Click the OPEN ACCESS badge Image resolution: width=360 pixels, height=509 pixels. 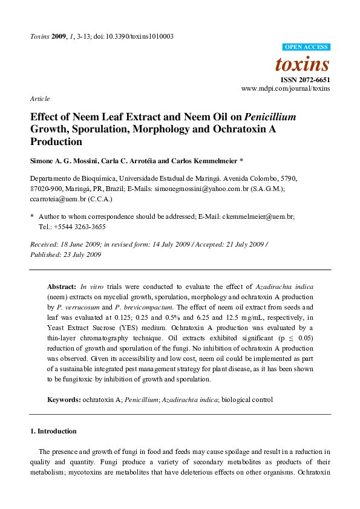306,47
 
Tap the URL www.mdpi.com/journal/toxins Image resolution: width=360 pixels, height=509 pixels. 286,88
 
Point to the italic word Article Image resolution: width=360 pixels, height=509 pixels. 40,99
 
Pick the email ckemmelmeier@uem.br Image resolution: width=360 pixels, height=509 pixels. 258,216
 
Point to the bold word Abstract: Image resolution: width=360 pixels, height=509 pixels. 62,287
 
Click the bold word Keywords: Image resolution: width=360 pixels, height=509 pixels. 64,400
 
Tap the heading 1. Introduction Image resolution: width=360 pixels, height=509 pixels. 53,431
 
